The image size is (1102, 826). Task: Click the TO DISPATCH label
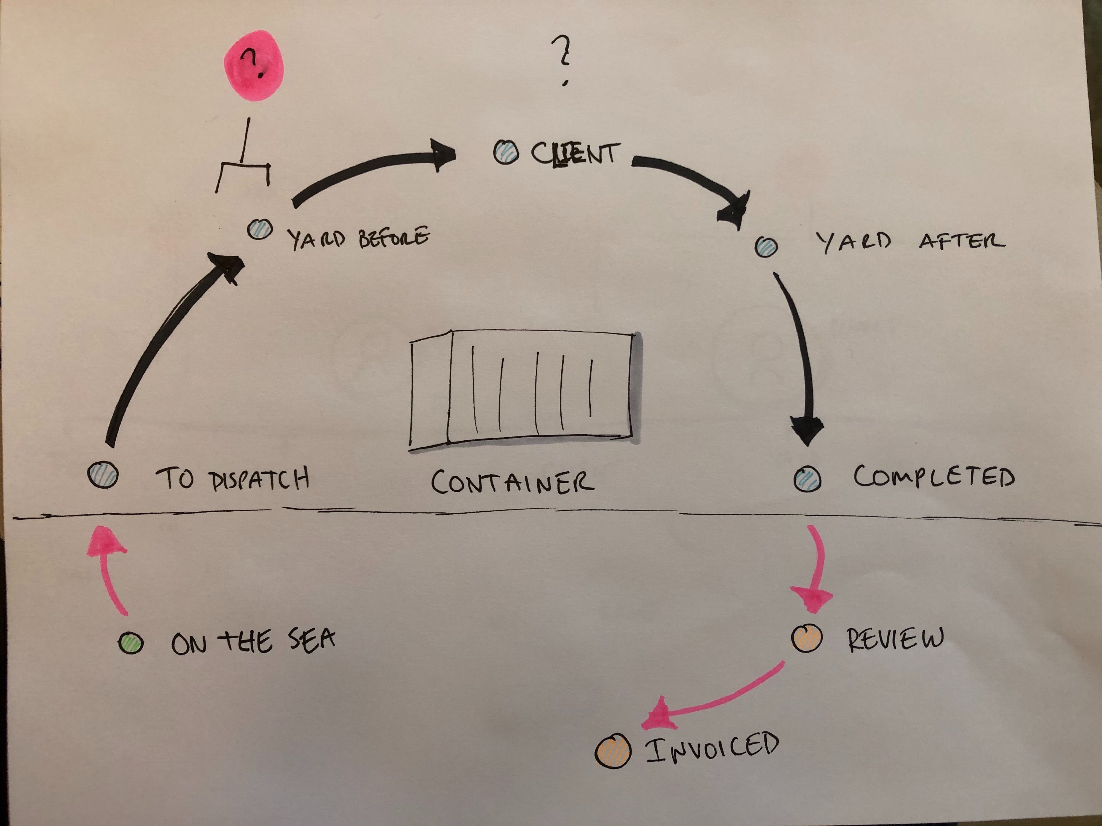tap(233, 479)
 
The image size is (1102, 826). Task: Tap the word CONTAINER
tap(512, 482)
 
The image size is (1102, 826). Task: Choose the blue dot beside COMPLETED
tap(807, 479)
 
